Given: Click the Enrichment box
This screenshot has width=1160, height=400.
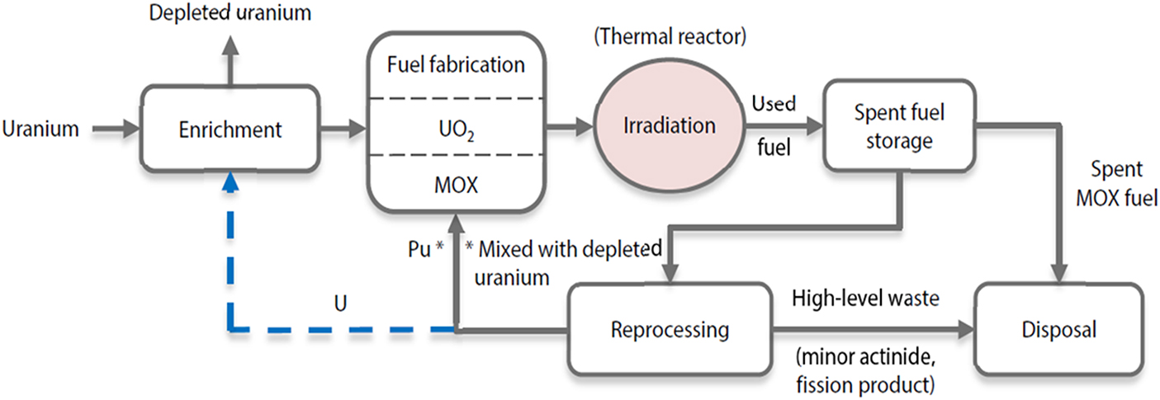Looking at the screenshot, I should point(230,129).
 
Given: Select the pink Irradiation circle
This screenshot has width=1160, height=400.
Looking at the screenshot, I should point(669,127).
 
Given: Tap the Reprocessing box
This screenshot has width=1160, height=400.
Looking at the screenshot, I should point(670,330).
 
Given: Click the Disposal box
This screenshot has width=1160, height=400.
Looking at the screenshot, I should point(1058,330).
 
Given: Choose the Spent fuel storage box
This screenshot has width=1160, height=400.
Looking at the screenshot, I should point(892,125).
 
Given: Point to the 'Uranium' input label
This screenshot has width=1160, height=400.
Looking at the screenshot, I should point(40,129).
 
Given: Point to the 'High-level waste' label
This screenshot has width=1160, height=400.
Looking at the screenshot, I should point(865,299).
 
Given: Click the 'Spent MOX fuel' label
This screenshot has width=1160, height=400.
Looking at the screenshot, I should point(1115,185).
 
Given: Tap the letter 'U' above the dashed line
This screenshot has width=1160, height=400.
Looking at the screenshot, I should point(340,304).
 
